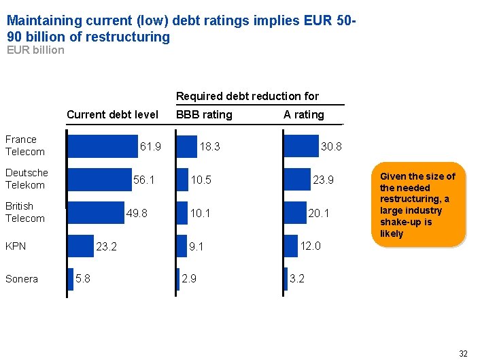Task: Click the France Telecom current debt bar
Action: (x=102, y=146)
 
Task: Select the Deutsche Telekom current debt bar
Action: (x=99, y=180)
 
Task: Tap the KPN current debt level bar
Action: (x=80, y=246)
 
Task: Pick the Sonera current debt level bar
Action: (x=70, y=279)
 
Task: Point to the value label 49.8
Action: (x=137, y=213)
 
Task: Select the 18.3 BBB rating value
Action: (x=209, y=147)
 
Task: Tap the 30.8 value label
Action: (x=331, y=147)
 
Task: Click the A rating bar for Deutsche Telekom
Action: (x=296, y=180)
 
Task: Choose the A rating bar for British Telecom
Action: (x=294, y=213)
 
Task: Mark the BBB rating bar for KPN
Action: (x=181, y=246)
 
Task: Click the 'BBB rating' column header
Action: (x=204, y=115)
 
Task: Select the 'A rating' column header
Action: (x=304, y=115)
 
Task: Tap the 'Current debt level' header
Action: (x=112, y=115)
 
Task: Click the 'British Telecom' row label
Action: (x=25, y=212)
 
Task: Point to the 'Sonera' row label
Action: (x=22, y=279)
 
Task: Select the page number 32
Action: (x=463, y=353)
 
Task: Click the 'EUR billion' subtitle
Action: (x=35, y=50)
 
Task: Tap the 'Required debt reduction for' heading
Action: (x=247, y=97)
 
